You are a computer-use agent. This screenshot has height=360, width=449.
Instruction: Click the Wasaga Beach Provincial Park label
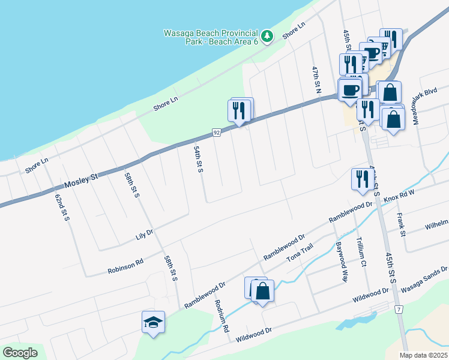[211, 37]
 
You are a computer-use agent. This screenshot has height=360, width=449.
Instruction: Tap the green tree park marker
[268, 36]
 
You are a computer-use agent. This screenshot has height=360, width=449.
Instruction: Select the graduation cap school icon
[152, 322]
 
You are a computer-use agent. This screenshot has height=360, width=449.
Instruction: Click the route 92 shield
[217, 132]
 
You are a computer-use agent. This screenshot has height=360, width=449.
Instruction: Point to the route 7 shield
[398, 309]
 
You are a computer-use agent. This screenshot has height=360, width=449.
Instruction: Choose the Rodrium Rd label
[222, 316]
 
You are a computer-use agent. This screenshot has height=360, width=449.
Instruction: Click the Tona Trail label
[300, 256]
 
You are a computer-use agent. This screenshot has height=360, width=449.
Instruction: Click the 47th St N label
[316, 79]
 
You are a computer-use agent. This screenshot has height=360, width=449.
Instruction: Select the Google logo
[20, 353]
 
